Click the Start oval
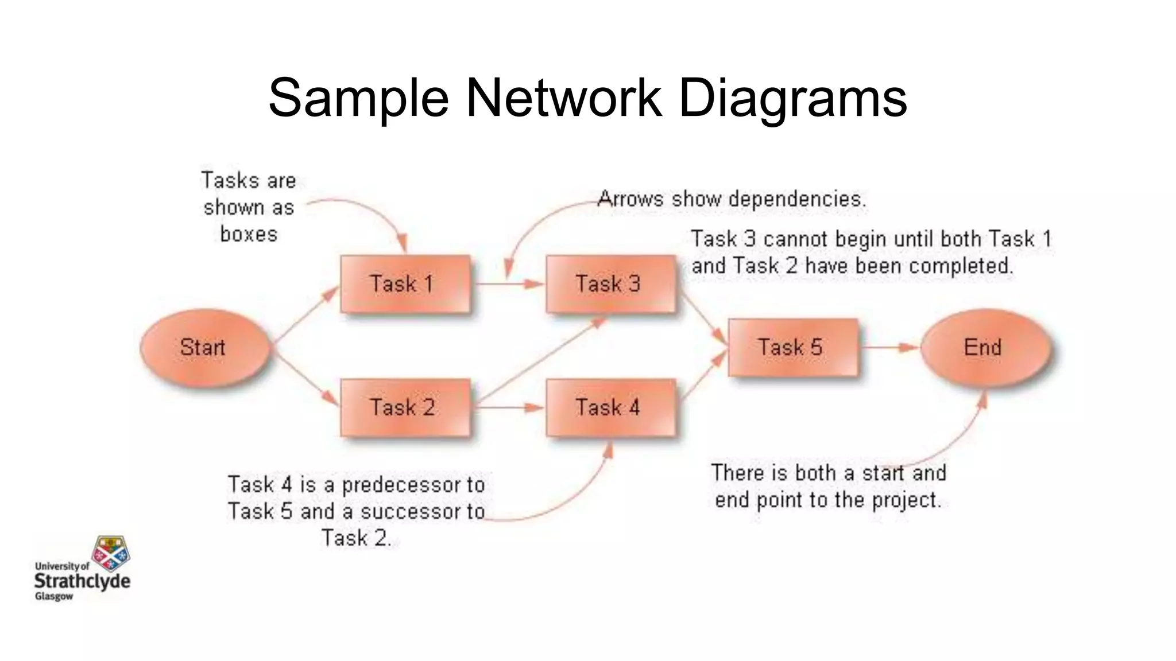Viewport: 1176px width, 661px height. pos(204,348)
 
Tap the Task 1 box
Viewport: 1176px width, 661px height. pos(405,284)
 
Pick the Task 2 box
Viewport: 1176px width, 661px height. pos(405,408)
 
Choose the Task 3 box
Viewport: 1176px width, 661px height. pos(610,284)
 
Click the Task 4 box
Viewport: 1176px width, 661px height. pos(610,408)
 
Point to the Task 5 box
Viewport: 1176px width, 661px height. pos(793,348)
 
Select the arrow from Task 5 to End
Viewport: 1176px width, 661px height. pos(889,347)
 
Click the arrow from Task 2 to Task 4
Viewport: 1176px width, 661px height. pos(508,408)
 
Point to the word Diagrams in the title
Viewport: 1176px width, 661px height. pos(792,99)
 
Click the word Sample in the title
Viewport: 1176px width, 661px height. pos(358,99)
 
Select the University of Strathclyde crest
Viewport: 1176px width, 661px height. pos(111,553)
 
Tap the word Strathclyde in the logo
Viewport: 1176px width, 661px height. pos(82,581)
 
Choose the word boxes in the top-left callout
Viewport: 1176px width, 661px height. pos(249,234)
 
